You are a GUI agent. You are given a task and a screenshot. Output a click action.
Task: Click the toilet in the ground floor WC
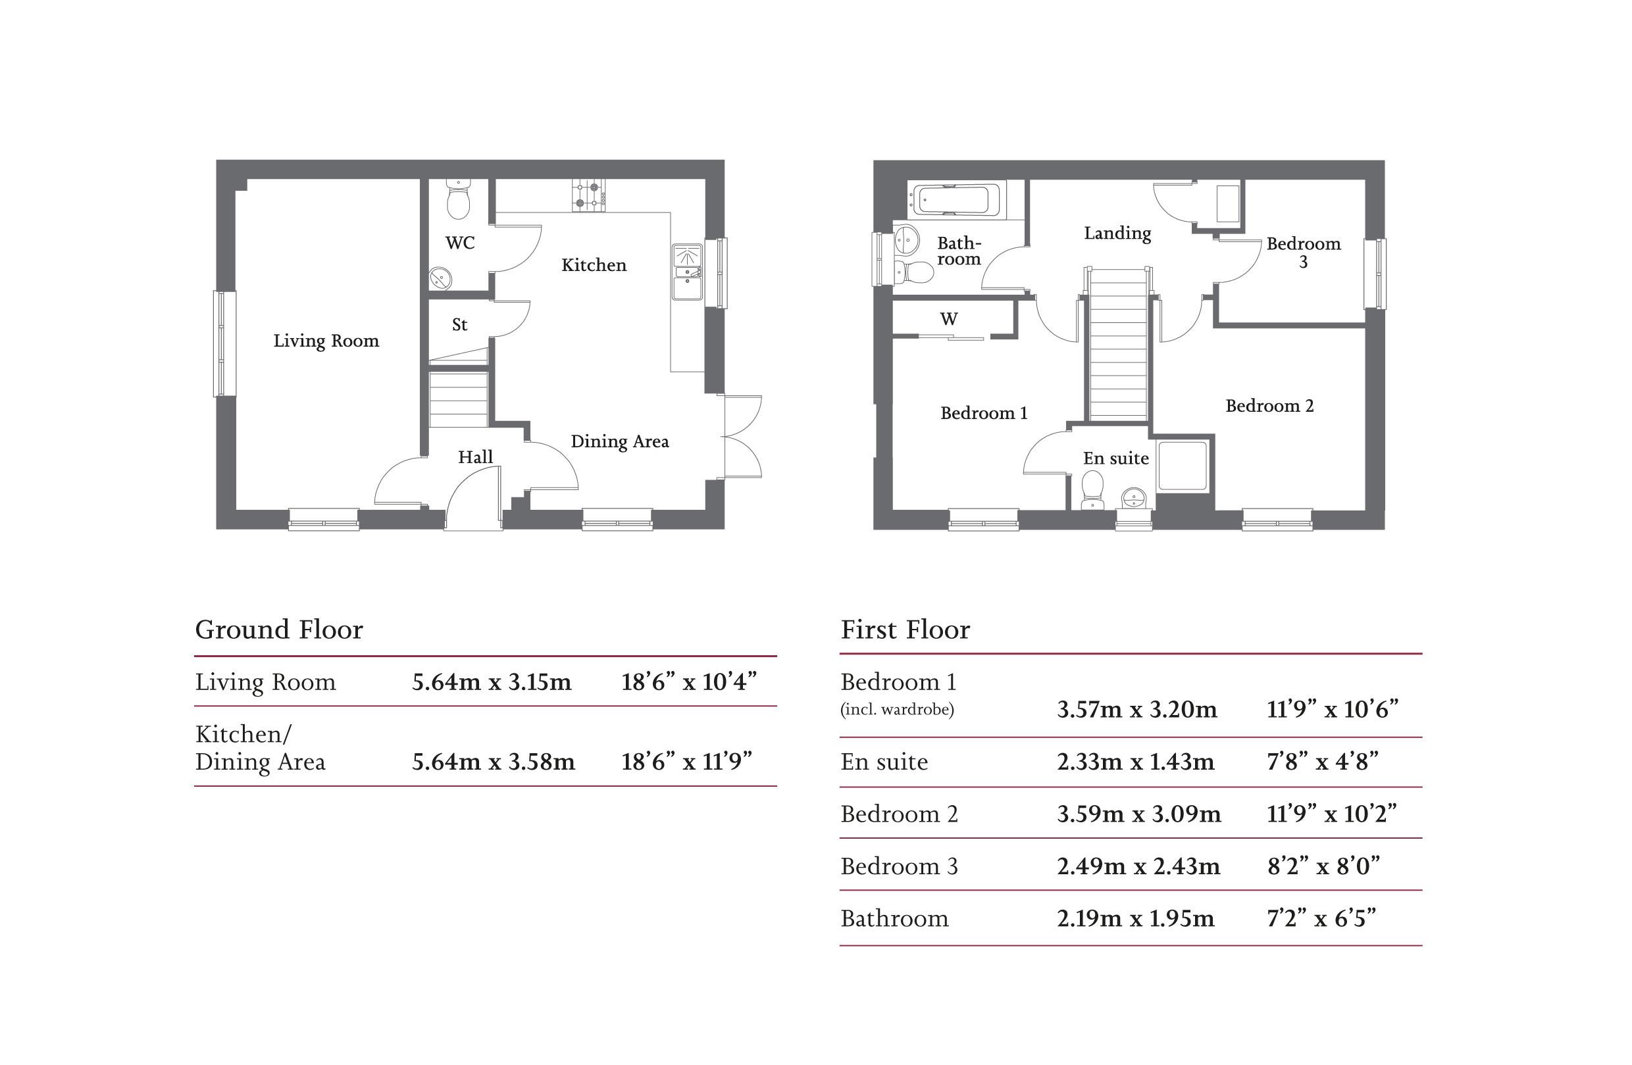pyautogui.click(x=457, y=198)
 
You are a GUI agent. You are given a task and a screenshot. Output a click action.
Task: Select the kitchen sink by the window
pyautogui.click(x=687, y=272)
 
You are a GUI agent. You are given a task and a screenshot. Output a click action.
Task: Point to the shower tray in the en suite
pyautogui.click(x=1182, y=466)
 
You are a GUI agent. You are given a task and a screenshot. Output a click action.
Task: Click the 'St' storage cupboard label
pyautogui.click(x=459, y=324)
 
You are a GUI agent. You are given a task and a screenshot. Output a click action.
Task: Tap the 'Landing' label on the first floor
pyautogui.click(x=1117, y=233)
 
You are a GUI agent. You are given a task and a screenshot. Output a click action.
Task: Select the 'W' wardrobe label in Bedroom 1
pyautogui.click(x=948, y=318)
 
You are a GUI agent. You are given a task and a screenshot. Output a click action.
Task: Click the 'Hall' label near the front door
pyautogui.click(x=475, y=457)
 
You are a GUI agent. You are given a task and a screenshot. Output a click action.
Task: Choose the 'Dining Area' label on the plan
pyautogui.click(x=620, y=441)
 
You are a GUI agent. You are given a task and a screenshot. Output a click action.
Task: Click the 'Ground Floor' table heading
pyautogui.click(x=279, y=629)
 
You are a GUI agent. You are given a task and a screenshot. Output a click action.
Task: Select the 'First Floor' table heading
pyautogui.click(x=905, y=629)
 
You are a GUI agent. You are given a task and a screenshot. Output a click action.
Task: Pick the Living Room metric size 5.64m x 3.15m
pyautogui.click(x=492, y=682)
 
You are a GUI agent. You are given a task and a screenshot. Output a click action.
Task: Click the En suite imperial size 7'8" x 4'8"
pyautogui.click(x=1323, y=761)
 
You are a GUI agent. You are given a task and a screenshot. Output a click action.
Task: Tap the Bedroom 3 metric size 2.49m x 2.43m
pyautogui.click(x=1138, y=866)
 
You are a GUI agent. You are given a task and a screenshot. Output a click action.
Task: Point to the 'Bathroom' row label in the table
pyautogui.click(x=894, y=918)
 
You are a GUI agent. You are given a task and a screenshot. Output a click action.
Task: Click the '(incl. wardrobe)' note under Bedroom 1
pyautogui.click(x=897, y=709)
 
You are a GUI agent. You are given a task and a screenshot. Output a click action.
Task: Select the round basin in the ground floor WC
pyautogui.click(x=440, y=278)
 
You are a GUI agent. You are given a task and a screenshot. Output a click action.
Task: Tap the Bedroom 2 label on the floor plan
pyautogui.click(x=1269, y=406)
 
